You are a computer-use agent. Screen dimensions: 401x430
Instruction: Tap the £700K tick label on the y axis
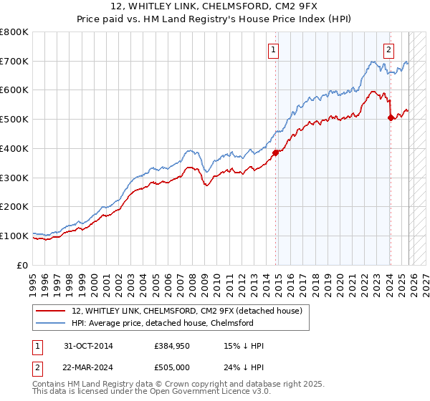pos(14,62)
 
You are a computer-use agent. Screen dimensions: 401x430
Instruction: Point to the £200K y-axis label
pos(14,206)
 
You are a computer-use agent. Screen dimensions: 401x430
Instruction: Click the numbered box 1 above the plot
pos(274,50)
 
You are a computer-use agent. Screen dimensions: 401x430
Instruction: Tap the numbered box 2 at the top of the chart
pos(388,50)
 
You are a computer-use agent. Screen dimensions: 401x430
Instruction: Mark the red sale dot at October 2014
pos(275,152)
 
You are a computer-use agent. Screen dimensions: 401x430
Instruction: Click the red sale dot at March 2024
pos(390,118)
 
